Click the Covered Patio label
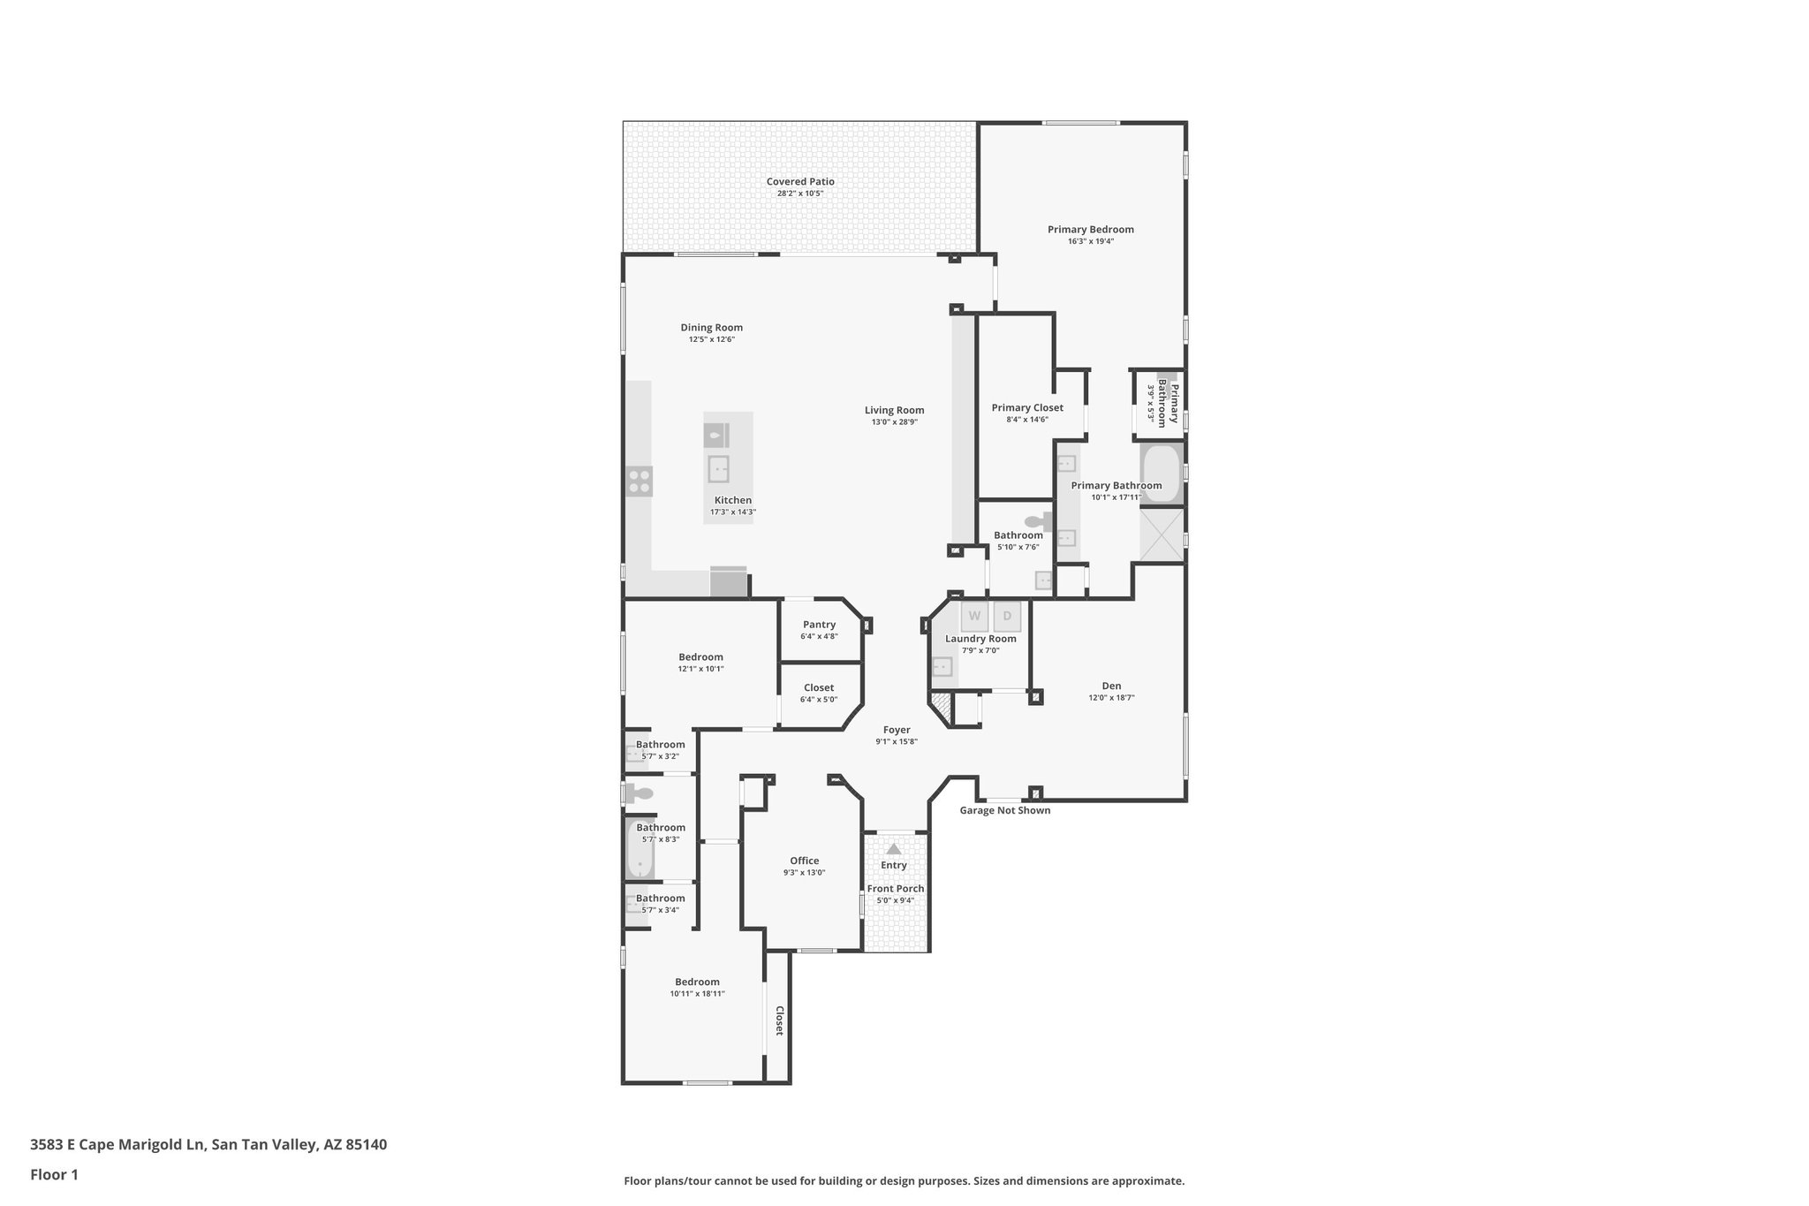tap(800, 182)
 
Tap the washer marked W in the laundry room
tap(974, 616)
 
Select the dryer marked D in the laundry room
tap(1007, 616)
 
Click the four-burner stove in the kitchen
tap(640, 482)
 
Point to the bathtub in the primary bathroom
tap(1162, 474)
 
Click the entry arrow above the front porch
tap(894, 849)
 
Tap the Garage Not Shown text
tap(1005, 810)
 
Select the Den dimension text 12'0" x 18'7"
tap(1111, 698)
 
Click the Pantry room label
tap(819, 625)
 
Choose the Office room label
tap(804, 861)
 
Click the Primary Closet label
tap(1027, 408)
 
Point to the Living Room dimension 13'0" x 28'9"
tap(894, 422)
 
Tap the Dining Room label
tap(711, 328)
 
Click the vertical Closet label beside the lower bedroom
tap(779, 1020)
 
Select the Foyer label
tap(897, 730)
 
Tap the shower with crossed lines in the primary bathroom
tap(1161, 535)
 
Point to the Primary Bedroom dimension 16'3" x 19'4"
tap(1090, 241)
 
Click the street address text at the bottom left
tap(208, 1145)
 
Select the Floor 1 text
tap(55, 1175)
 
